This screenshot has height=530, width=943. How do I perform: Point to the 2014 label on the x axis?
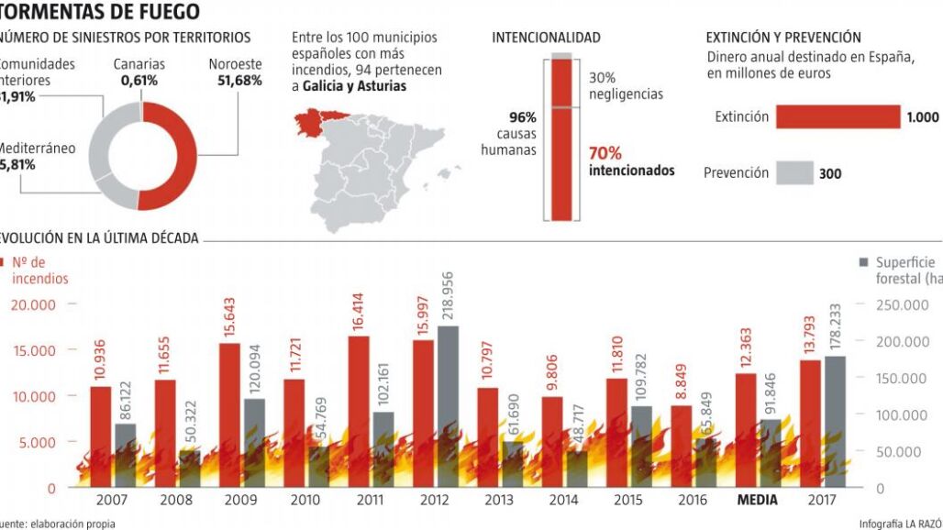[563, 501]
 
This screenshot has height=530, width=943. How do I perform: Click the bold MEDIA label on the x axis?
[757, 501]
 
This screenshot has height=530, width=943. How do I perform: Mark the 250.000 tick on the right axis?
[903, 304]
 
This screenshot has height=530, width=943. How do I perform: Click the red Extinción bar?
[838, 116]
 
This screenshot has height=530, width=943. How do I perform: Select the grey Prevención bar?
[794, 172]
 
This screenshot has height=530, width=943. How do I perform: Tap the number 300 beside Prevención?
[829, 173]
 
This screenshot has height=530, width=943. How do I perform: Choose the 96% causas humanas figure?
[522, 117]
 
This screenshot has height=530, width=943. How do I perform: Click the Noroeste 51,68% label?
[235, 72]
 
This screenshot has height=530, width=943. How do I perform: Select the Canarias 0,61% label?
[139, 72]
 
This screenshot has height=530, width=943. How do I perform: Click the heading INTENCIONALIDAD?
[546, 38]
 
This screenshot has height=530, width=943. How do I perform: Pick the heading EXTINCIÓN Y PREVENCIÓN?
[783, 38]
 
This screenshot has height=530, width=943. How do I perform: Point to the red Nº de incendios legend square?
[4, 262]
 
